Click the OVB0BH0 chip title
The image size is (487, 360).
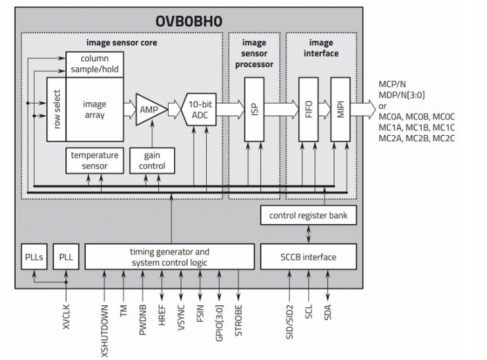[189, 21]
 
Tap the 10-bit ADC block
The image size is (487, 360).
[200, 109]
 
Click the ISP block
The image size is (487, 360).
[254, 109]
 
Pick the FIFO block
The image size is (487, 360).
[308, 109]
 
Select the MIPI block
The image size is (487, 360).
[341, 109]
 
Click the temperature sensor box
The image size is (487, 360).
[95, 160]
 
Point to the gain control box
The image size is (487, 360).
[152, 160]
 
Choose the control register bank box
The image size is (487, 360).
[308, 215]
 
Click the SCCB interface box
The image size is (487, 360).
[308, 256]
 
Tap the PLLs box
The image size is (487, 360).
[34, 256]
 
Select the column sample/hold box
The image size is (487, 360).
[95, 64]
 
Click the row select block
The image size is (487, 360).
[57, 109]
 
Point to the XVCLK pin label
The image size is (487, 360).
[66, 316]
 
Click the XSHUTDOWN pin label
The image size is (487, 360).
[105, 331]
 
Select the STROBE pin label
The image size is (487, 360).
[238, 320]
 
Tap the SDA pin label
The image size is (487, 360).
[328, 313]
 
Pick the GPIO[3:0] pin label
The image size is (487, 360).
[219, 323]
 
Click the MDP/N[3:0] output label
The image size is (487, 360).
[401, 95]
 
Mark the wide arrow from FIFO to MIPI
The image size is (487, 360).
[325, 109]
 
